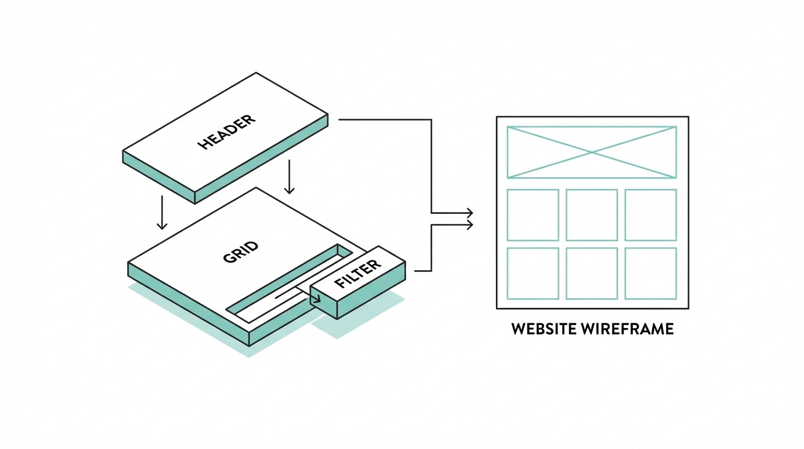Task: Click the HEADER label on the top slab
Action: point(227,133)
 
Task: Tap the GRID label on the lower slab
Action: point(240,251)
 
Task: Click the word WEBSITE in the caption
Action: point(545,329)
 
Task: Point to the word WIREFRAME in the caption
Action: point(628,329)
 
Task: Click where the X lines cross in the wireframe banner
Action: point(592,152)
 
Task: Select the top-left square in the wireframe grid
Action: point(533,215)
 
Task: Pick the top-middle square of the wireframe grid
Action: point(592,215)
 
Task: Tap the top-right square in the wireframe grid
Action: point(651,215)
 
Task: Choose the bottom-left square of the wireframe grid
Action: point(533,273)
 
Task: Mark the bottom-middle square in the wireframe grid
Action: point(592,273)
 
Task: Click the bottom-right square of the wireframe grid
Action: point(651,273)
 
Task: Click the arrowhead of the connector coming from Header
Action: point(469,212)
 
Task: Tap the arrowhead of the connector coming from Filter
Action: point(469,223)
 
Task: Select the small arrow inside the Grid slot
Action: point(316,299)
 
